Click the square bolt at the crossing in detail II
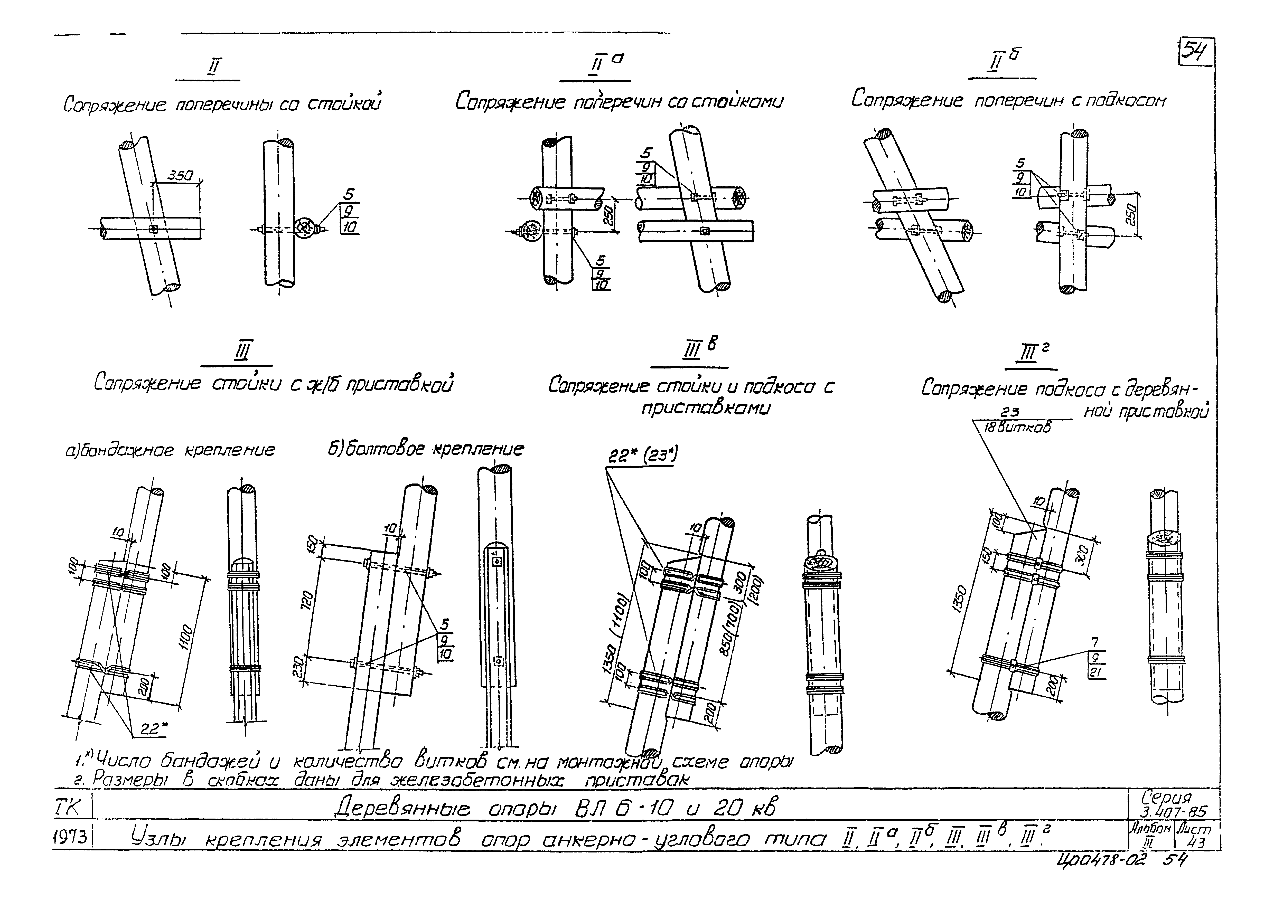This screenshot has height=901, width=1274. pyautogui.click(x=154, y=229)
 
